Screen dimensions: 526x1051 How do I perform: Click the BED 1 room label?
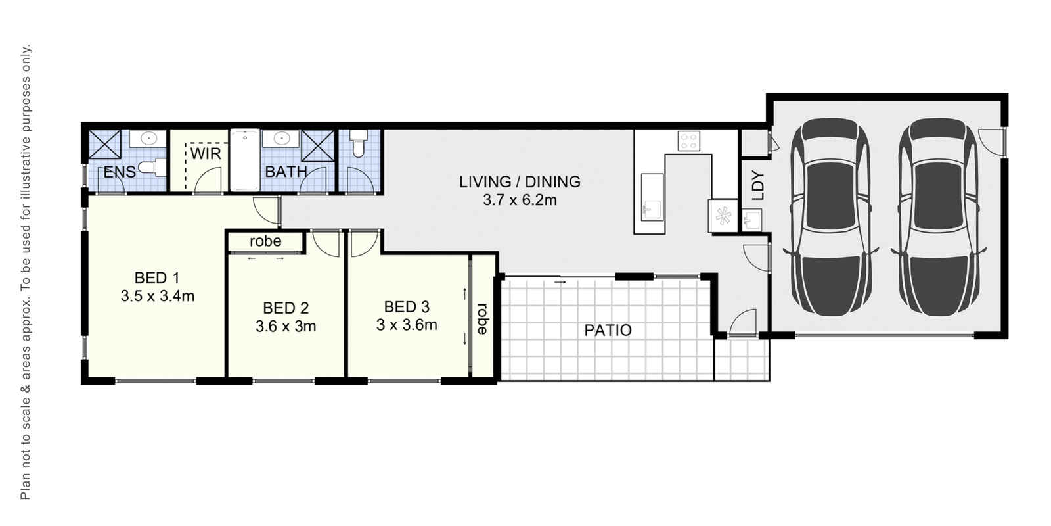coord(156,277)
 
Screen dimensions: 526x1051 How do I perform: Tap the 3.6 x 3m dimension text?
coord(286,326)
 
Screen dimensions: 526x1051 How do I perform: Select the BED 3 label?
coord(407,306)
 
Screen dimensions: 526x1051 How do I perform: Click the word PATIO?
coord(608,330)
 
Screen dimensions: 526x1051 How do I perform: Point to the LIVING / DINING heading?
coord(520,181)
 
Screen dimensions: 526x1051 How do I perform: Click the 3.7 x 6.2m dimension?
coord(520,201)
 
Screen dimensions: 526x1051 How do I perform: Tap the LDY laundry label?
coord(757,185)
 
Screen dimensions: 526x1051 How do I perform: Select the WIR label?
coord(206,153)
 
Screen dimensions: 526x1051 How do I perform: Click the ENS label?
coord(120,173)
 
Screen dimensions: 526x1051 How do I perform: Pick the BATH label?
coord(286,172)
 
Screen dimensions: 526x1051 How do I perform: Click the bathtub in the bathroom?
coord(244,160)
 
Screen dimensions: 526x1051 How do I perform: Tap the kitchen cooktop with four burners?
coord(688,141)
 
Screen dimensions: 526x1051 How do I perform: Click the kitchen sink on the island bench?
coord(652,209)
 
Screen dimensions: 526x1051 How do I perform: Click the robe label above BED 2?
coord(265,241)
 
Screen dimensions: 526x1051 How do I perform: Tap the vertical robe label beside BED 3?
coord(483,318)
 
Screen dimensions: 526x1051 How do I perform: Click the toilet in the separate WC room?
coord(358,144)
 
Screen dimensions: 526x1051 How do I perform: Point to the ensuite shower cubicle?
coord(105,144)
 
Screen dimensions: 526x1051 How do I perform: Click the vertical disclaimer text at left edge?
coord(26,272)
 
